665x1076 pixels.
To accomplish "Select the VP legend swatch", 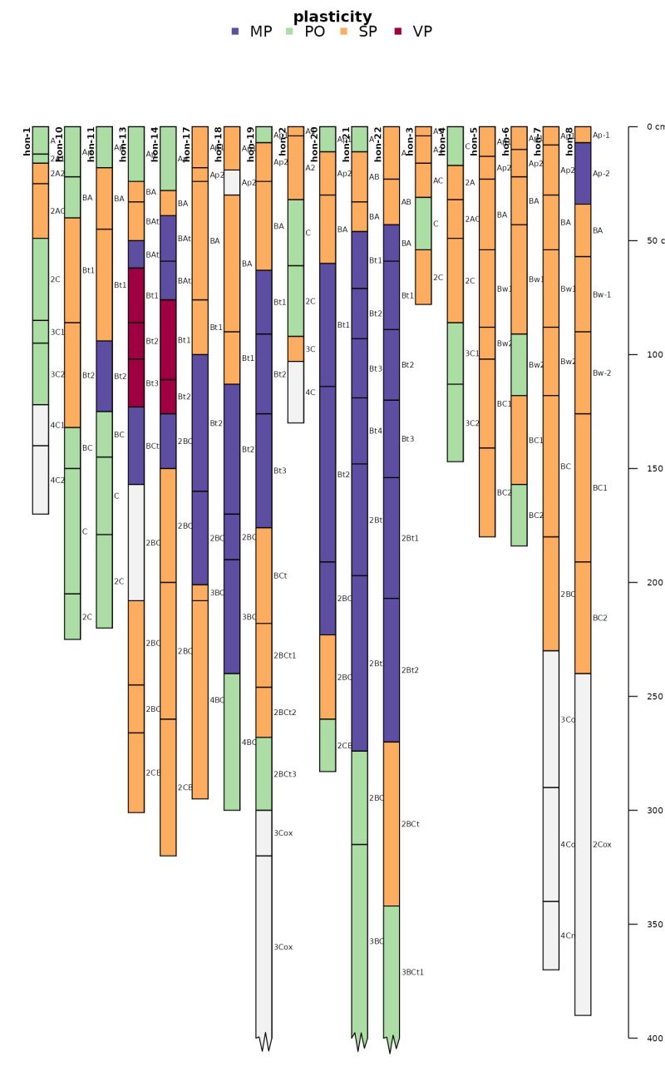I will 397,32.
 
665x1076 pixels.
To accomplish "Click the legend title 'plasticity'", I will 332,17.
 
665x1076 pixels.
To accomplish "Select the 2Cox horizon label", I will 602,845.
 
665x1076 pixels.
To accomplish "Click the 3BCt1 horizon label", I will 413,972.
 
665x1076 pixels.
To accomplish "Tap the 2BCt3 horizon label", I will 285,774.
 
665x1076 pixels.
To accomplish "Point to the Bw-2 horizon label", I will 602,373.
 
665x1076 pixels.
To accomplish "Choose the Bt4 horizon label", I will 376,431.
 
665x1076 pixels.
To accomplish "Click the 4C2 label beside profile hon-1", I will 57,481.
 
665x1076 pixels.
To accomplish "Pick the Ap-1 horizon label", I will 601,135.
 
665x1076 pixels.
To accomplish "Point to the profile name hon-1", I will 27,141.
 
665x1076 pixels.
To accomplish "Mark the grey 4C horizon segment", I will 295,392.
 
